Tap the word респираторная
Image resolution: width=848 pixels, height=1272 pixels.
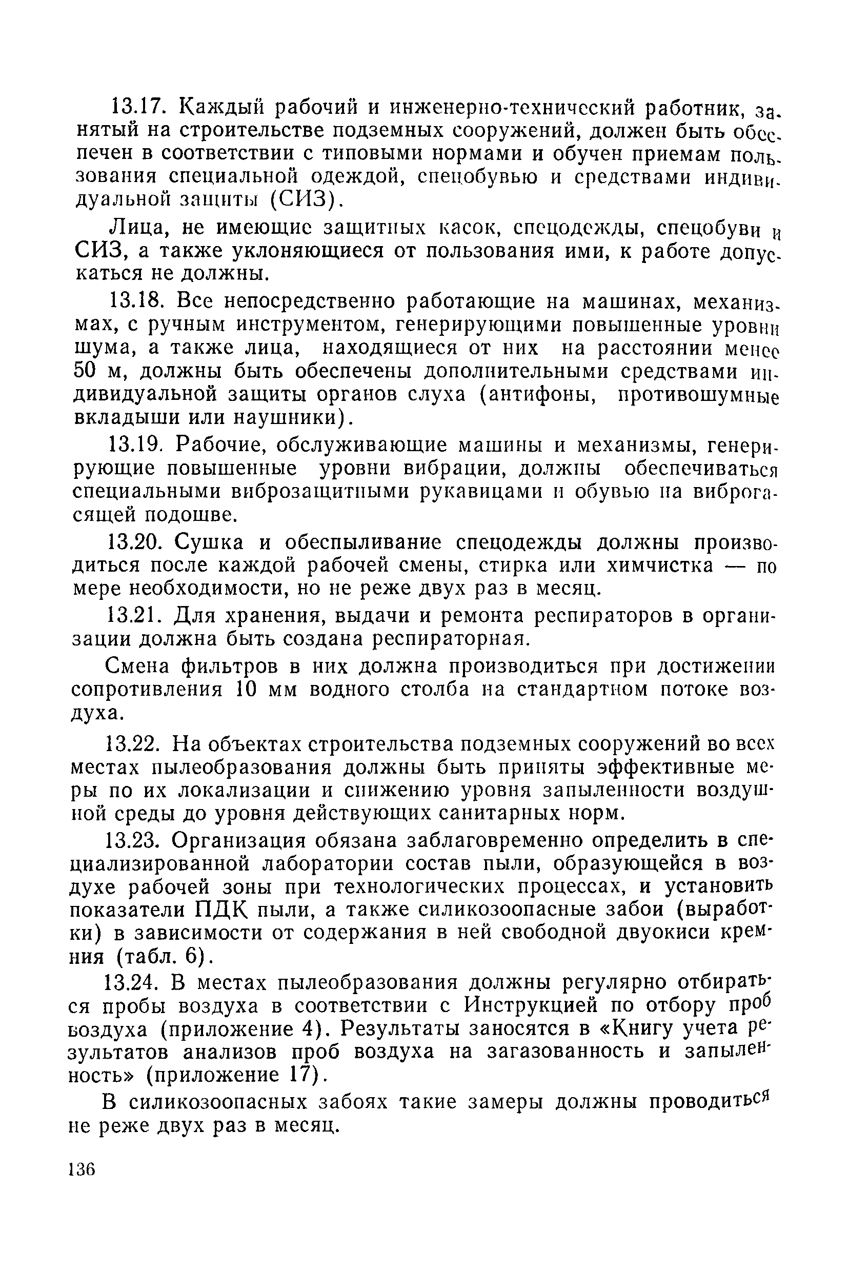pos(449,639)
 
